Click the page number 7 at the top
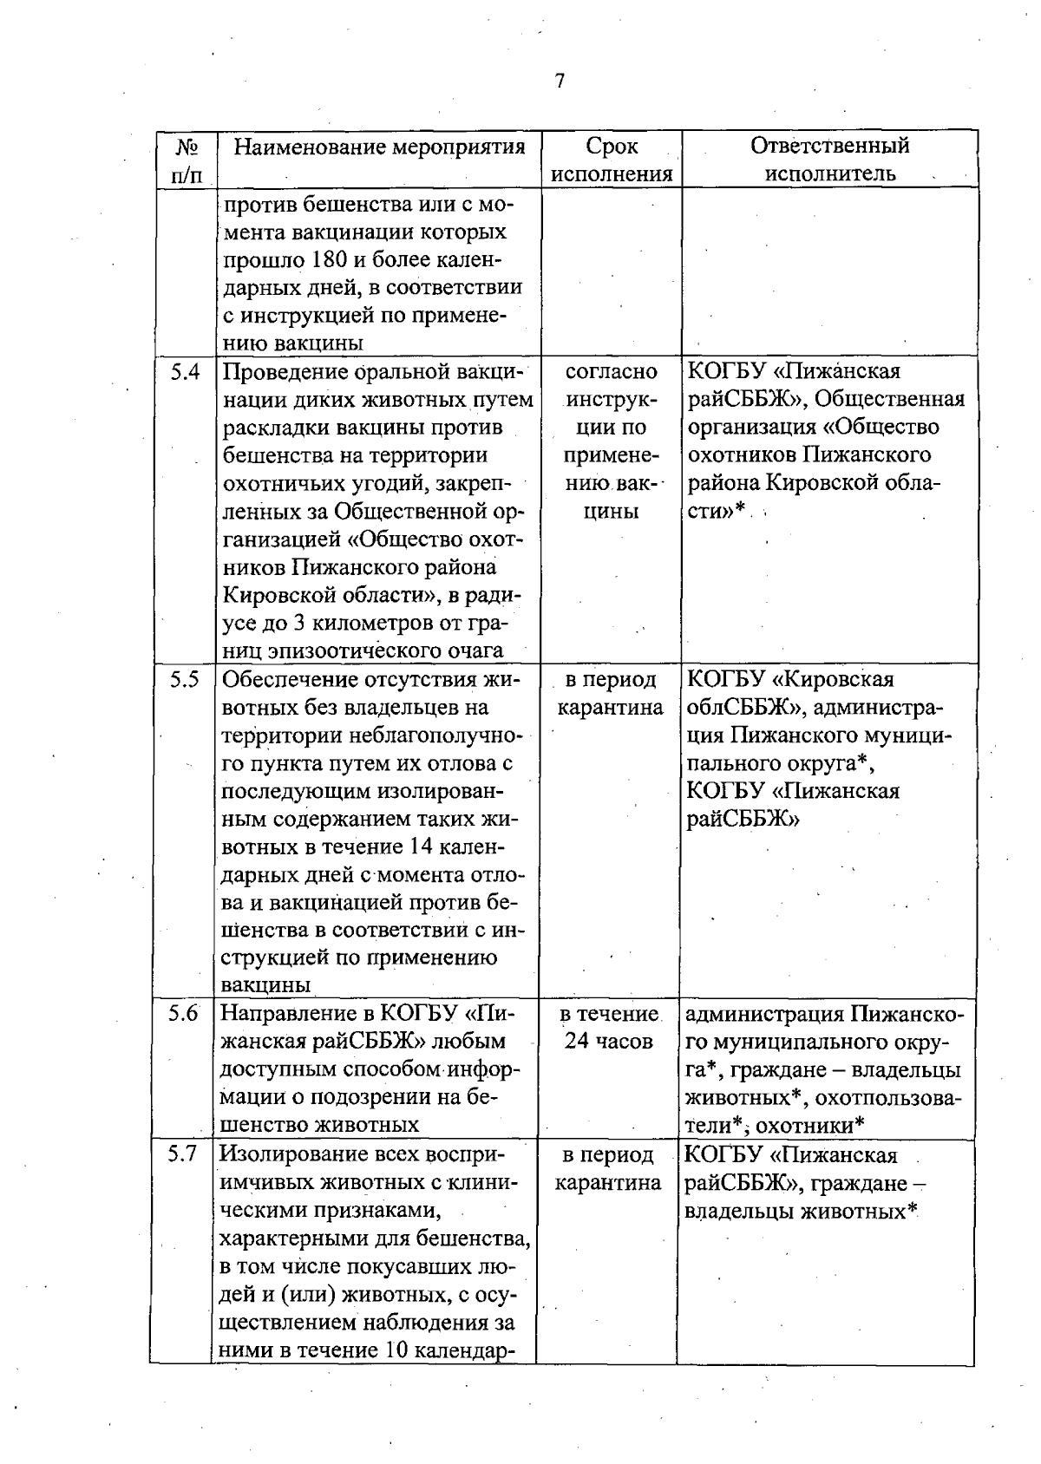pos(560,82)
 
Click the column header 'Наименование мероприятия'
pos(380,146)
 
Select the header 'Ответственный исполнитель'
pos(829,160)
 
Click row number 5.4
pos(185,372)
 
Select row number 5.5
pos(185,680)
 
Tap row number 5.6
pos(184,1013)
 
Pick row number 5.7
pos(184,1155)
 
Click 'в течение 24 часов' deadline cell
pos(608,1027)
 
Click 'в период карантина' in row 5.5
pos(610,694)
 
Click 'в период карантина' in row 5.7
pos(608,1169)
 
